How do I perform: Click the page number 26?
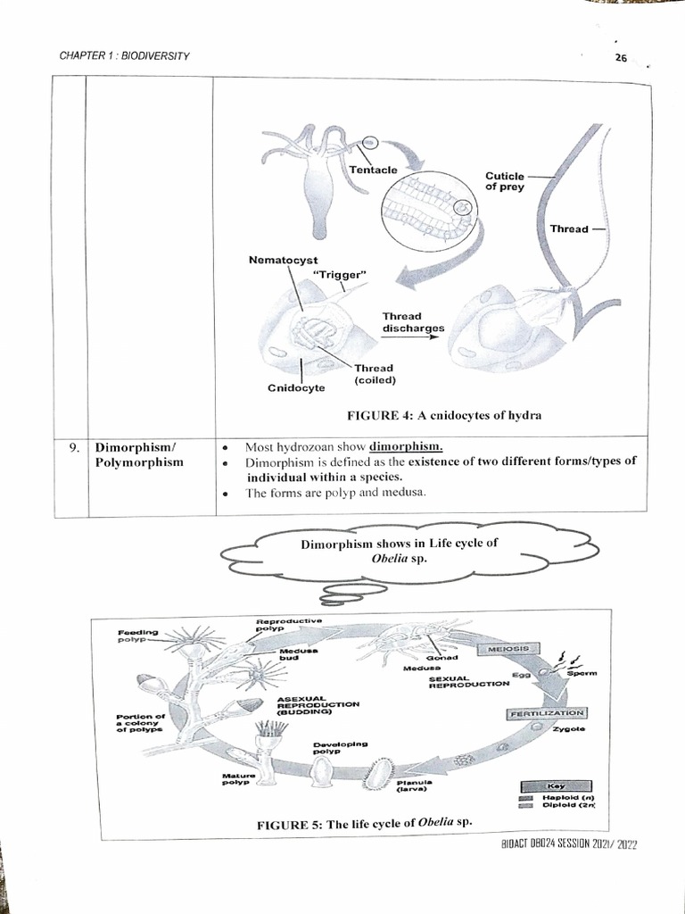tap(622, 59)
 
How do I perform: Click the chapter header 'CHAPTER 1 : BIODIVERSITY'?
tap(124, 55)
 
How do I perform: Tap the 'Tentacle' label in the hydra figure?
tap(373, 170)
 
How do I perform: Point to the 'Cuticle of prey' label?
tap(504, 181)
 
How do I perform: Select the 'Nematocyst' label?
tap(283, 260)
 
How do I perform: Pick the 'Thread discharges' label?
tap(413, 322)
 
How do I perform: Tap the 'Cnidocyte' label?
tap(296, 388)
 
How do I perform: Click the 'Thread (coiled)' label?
tap(374, 374)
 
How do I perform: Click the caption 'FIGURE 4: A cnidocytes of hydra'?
tap(443, 416)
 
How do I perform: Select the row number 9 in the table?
tap(76, 447)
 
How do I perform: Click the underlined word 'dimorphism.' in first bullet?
tap(406, 446)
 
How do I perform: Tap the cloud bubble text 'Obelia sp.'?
tap(399, 558)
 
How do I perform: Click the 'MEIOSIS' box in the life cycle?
tap(508, 648)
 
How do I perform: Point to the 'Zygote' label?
tap(568, 729)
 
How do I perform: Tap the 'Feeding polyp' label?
tap(136, 636)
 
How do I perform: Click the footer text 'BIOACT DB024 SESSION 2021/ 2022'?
tap(563, 844)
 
